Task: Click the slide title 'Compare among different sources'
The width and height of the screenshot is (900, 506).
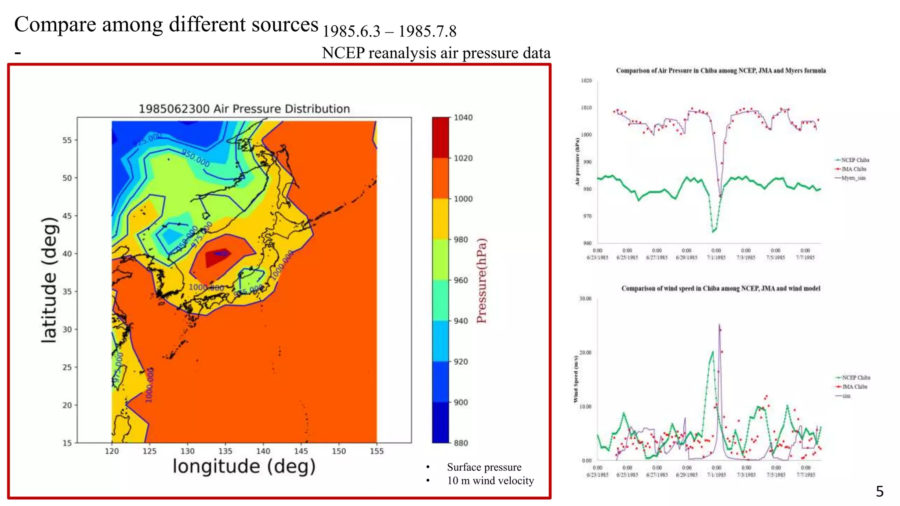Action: tap(166, 25)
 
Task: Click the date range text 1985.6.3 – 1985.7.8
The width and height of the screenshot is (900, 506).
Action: tap(389, 31)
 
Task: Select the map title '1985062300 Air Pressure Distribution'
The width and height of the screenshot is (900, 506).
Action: tap(244, 108)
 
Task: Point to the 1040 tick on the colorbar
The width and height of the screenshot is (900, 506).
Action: tap(463, 117)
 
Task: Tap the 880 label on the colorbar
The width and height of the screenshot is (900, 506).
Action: tap(461, 443)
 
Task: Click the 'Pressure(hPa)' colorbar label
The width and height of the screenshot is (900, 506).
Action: tap(482, 281)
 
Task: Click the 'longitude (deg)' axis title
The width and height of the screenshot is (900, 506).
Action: tap(244, 466)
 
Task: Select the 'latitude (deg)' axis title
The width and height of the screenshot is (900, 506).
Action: tap(49, 280)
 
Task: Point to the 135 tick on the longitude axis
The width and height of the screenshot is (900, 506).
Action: tap(225, 451)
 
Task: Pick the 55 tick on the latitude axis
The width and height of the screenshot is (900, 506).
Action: tap(67, 140)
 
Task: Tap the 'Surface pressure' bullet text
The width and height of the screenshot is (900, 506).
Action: tap(484, 467)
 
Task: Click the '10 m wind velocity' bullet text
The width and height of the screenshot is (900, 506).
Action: tap(490, 481)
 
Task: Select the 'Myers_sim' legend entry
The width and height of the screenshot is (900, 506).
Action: tap(853, 178)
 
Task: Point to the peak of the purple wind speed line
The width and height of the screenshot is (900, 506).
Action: tap(719, 325)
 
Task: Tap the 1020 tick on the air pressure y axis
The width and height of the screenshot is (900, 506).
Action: tap(586, 80)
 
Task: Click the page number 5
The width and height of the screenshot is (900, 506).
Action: tap(879, 491)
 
